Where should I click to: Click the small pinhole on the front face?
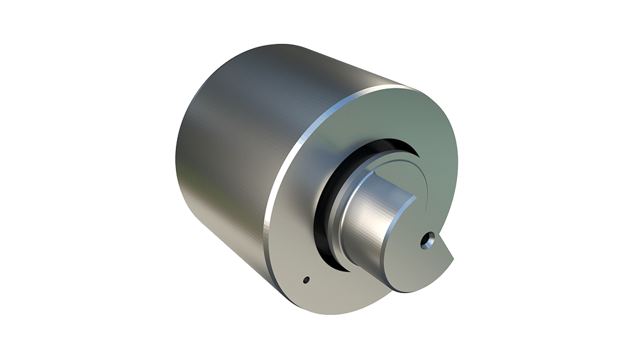tap(305, 279)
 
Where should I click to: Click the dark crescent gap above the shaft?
tap(382, 145)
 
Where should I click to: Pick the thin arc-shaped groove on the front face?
tap(426, 182)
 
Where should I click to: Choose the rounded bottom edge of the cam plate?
tap(413, 289)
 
